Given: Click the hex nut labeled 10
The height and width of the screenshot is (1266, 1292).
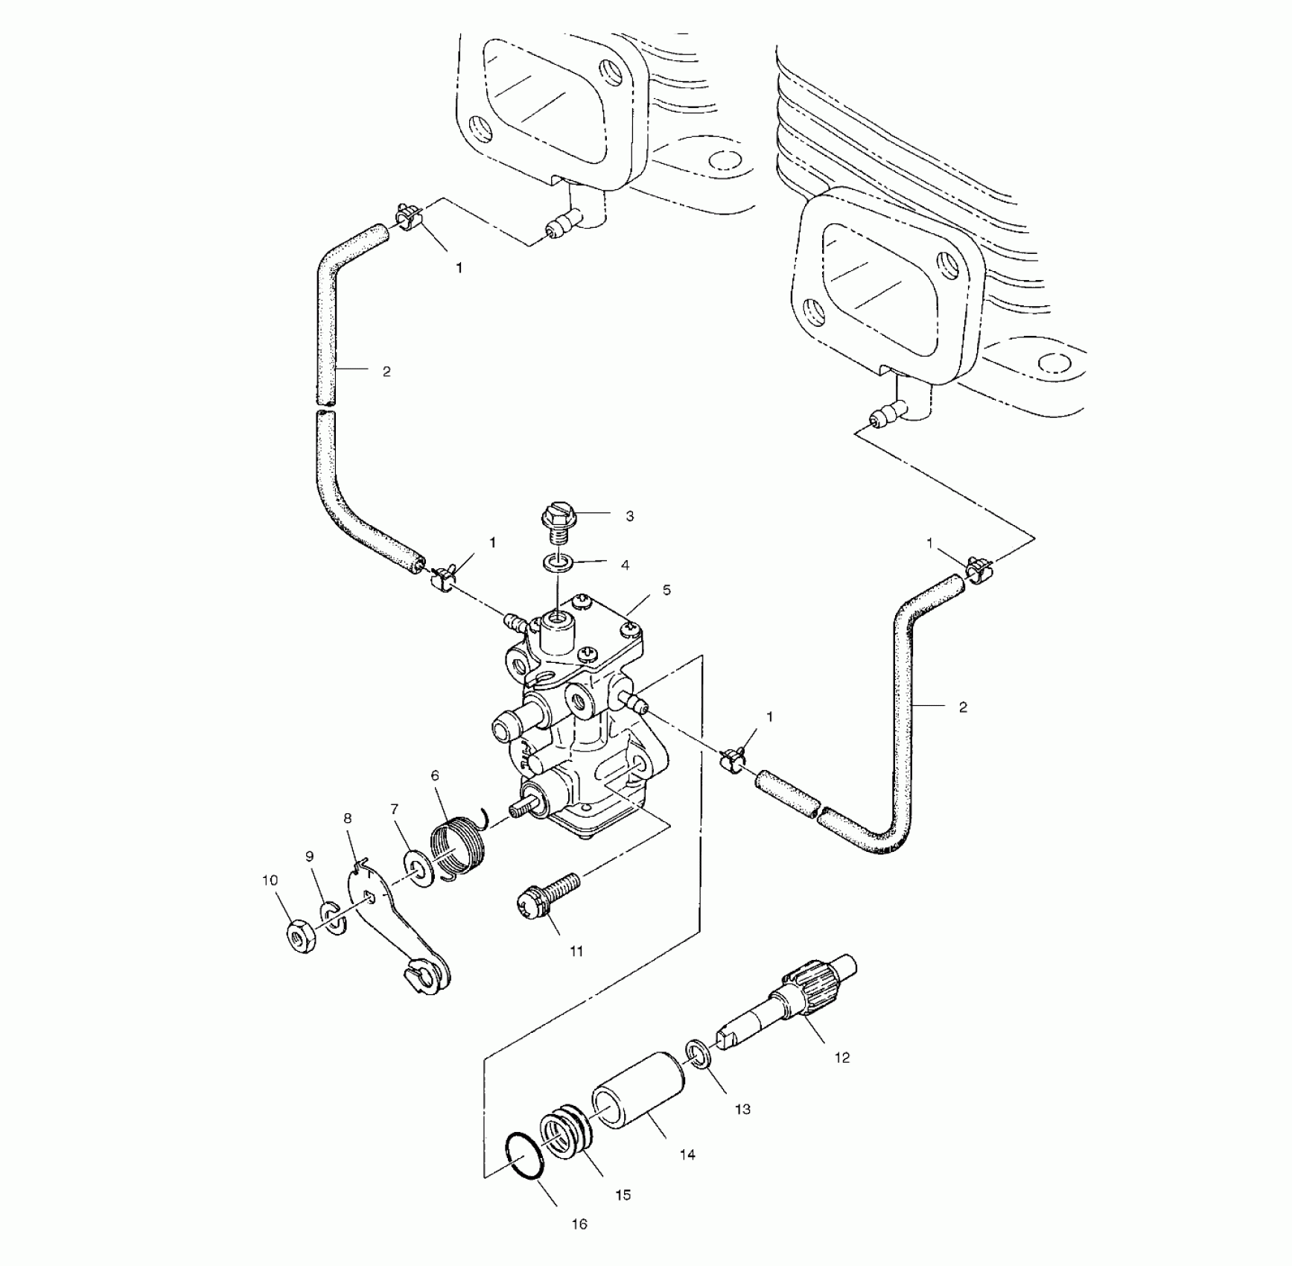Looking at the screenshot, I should coord(301,941).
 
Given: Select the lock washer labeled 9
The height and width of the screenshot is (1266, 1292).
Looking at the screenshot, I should coord(334,918).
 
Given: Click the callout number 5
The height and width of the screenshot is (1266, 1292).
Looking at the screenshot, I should coord(666,591).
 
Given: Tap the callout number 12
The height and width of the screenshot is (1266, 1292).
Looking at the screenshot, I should coord(842,1057).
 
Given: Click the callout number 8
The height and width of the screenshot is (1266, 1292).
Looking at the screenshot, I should coord(348,818).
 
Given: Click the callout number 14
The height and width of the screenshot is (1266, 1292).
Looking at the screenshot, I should coord(687,1155).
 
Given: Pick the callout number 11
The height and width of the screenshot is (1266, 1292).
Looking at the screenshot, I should coord(576,951).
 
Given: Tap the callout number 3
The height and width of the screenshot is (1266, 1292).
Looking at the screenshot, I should coord(630,516).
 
